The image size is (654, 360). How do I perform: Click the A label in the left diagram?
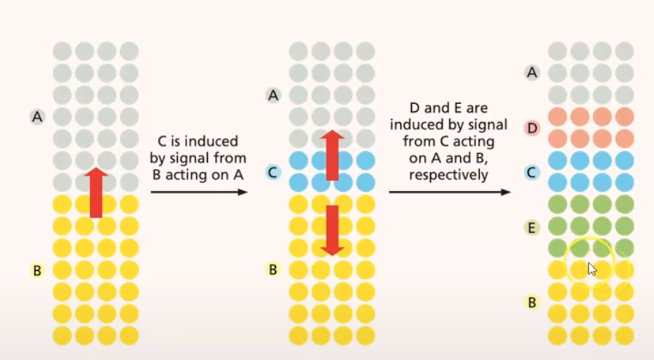click(x=37, y=116)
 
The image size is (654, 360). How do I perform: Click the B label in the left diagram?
click(x=37, y=270)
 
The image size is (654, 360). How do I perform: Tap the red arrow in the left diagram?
click(x=95, y=192)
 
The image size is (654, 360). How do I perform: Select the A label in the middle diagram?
click(x=274, y=94)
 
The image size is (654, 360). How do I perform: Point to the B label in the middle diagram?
click(x=274, y=269)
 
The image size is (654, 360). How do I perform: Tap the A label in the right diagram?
click(x=533, y=72)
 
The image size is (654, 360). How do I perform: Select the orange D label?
click(x=533, y=128)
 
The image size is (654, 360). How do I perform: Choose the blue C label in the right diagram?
click(x=533, y=172)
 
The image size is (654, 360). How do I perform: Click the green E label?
click(x=533, y=228)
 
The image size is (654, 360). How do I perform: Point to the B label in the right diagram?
click(x=533, y=301)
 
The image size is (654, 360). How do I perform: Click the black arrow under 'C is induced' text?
click(x=199, y=192)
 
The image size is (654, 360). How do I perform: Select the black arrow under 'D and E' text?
click(x=449, y=192)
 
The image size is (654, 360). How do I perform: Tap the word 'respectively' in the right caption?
click(x=448, y=176)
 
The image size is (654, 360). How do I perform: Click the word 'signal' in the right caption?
click(x=486, y=125)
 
